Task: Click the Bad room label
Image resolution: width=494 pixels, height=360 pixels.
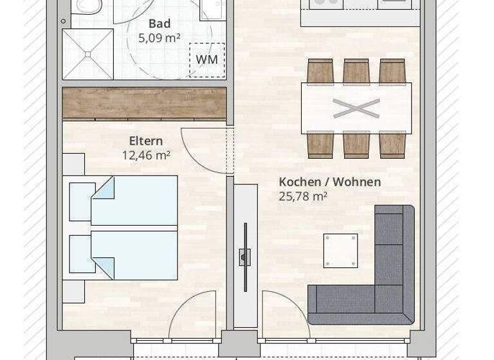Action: tap(159, 24)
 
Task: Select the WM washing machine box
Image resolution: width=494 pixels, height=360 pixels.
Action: tap(206, 60)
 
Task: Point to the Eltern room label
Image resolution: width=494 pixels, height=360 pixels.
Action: tap(146, 141)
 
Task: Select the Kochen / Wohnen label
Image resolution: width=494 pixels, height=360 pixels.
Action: tap(329, 182)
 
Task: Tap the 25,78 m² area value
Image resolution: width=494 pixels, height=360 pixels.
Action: tap(303, 196)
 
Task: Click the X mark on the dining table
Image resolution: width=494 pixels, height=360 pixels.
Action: tap(356, 108)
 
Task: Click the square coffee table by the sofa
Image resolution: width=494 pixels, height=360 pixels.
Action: tap(340, 250)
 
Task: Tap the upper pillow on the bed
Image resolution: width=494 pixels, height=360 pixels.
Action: tap(82, 201)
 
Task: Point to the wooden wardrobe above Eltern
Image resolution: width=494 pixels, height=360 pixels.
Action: tap(144, 102)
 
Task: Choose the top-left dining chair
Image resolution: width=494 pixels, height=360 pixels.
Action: tap(320, 71)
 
